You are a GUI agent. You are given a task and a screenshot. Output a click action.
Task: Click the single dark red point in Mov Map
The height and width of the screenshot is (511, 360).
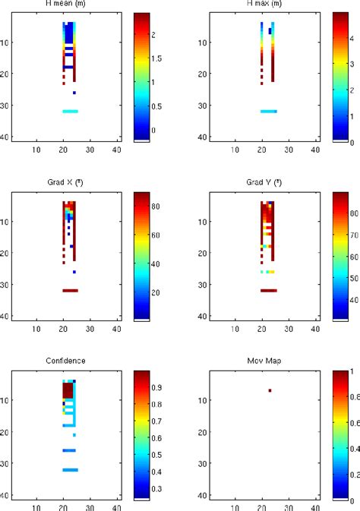pos(270,391)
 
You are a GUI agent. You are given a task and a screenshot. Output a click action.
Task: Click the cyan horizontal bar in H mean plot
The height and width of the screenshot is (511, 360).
pos(70,112)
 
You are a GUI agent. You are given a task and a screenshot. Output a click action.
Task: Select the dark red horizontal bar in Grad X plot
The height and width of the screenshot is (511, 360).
pos(70,290)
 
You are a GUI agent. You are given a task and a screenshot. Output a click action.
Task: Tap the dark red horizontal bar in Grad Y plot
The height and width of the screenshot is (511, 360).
pos(269,290)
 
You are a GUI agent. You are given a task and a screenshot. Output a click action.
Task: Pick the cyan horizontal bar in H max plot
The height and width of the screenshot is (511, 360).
pos(269,112)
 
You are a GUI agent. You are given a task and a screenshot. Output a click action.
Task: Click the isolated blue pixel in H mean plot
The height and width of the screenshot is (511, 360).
pos(74,93)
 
